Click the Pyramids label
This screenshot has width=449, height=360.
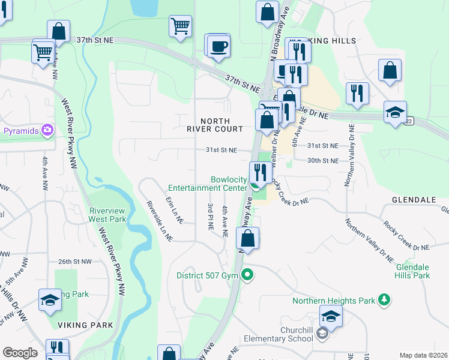click(20, 130)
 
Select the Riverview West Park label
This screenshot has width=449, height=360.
click(107, 215)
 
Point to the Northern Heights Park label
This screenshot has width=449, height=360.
click(334, 300)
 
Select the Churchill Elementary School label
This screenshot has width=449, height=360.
click(297, 334)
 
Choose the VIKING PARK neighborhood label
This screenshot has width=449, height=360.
click(86, 325)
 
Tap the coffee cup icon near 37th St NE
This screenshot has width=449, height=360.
click(220, 46)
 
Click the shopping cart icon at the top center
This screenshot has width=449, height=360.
click(180, 26)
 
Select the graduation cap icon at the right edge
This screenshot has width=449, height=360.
click(396, 112)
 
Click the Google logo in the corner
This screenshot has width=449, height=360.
click(20, 353)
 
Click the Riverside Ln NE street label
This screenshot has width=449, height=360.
click(160, 221)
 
